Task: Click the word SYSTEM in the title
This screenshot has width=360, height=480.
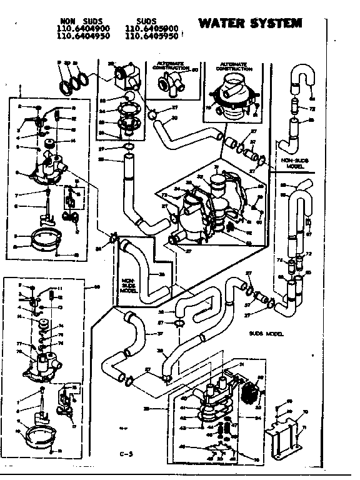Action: [274, 24]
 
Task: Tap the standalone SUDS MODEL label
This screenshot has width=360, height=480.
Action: [266, 334]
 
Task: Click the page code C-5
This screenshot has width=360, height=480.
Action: [127, 453]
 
